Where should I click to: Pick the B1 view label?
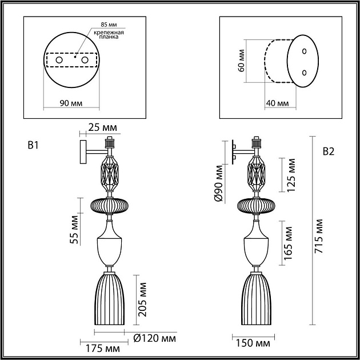[33, 146]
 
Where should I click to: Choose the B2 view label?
[328, 151]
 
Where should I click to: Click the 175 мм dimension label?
[104, 347]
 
